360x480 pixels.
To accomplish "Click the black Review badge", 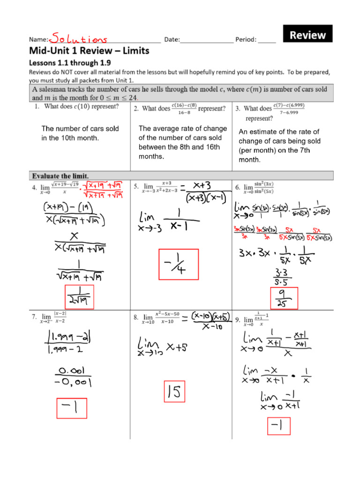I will tap(307, 35).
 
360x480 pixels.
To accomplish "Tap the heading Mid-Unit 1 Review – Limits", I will tap(89, 51).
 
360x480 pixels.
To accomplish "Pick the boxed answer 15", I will tap(174, 391).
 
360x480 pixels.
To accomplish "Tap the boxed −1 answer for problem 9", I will tap(278, 427).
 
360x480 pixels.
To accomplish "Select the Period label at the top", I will tap(246, 40).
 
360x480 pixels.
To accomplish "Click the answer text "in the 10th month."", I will tap(70, 138).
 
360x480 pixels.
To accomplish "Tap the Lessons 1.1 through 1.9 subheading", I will tap(70, 62).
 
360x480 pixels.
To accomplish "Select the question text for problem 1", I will tap(76, 106).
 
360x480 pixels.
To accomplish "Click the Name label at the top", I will tap(39, 40).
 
